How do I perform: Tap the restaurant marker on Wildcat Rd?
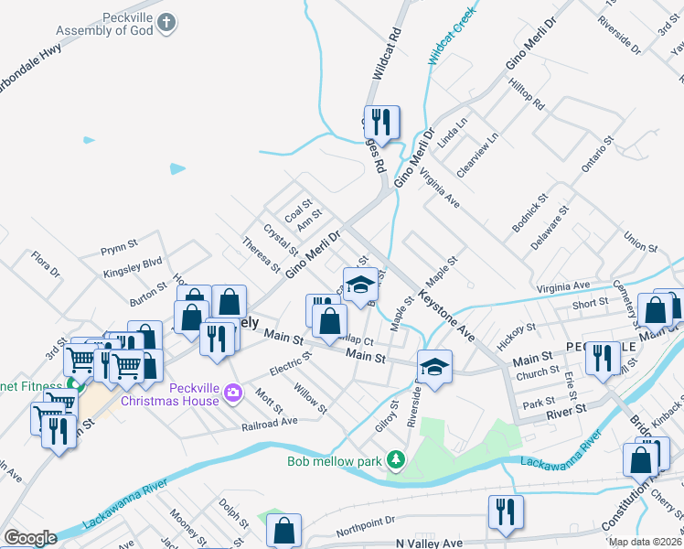pos(378,122)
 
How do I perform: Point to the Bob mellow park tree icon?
pos(396,458)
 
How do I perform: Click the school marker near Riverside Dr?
pos(432,367)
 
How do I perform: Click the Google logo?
pos(30,537)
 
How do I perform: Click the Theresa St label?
pos(262,255)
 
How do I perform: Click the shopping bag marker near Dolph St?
pos(283,530)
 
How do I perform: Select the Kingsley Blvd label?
pos(133,263)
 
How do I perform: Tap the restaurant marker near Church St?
pos(601,358)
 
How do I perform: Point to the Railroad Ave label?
pos(270,424)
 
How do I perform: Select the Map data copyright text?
pos(645,542)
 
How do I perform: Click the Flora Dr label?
pos(45,265)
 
